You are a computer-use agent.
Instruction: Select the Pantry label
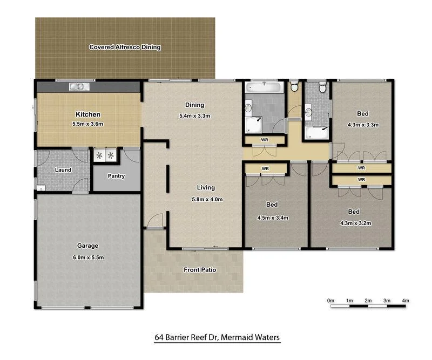pos(116,176)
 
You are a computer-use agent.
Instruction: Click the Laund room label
pos(63,170)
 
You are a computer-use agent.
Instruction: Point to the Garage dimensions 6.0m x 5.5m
pos(87,257)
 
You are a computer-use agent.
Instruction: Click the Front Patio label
pos(200,270)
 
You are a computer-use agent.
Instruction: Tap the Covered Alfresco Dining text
pos(125,47)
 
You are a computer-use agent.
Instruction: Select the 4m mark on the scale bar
pos(406,301)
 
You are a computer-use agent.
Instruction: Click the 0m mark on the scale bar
pos(331,301)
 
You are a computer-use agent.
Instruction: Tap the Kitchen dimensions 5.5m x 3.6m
pos(88,124)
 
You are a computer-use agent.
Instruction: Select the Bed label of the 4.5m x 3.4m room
pos(272,205)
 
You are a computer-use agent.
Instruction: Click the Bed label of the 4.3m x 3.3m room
pos(362,114)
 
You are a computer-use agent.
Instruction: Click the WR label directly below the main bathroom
pos(265,140)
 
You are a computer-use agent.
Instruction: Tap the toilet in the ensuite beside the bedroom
pos(322,87)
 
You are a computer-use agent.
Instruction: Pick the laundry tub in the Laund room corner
pos(41,188)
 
